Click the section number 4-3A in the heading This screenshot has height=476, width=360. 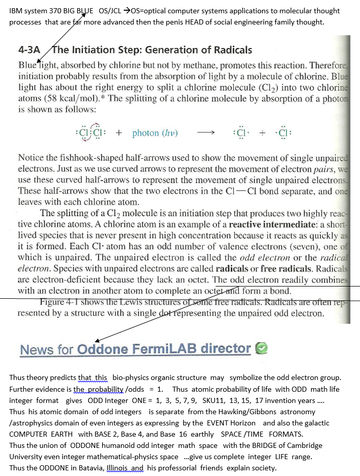[x=29, y=50]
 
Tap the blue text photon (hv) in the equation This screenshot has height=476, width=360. [x=155, y=133]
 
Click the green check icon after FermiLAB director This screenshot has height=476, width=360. [x=261, y=349]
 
